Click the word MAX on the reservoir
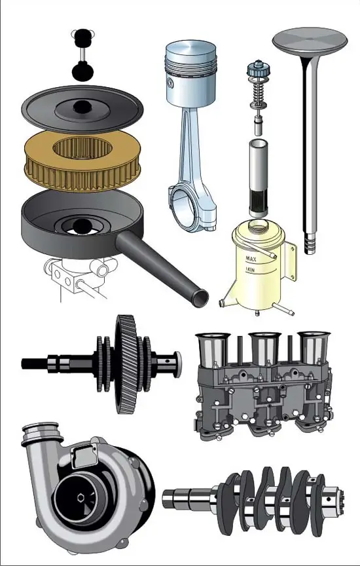(x=251, y=259)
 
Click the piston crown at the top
(x=190, y=48)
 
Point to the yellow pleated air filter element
(x=83, y=160)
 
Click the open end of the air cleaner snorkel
(x=200, y=299)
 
